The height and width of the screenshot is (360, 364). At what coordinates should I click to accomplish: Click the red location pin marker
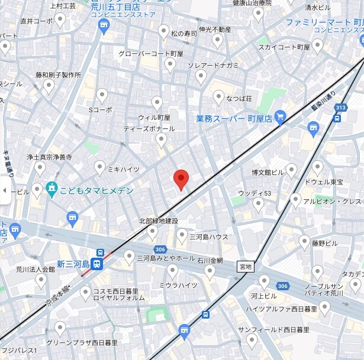[181, 179]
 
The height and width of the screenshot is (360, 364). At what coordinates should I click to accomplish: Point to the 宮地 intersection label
[244, 267]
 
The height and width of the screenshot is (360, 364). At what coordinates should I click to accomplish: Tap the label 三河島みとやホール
[166, 258]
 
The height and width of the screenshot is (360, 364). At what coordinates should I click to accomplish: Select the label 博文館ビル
[268, 173]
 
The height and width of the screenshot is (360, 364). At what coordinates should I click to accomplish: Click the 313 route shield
[340, 107]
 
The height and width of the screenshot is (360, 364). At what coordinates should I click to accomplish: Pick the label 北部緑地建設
[158, 221]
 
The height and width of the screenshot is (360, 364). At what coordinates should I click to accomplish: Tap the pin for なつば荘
[218, 97]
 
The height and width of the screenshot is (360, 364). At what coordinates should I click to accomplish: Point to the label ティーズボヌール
[149, 128]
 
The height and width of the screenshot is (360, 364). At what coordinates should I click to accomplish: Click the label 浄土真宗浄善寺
[49, 158]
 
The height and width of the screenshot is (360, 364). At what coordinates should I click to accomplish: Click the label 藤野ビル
[325, 242]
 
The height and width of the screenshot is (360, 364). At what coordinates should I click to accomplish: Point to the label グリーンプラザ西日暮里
[82, 342]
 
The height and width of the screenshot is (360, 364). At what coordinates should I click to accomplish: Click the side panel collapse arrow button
[5, 190]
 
